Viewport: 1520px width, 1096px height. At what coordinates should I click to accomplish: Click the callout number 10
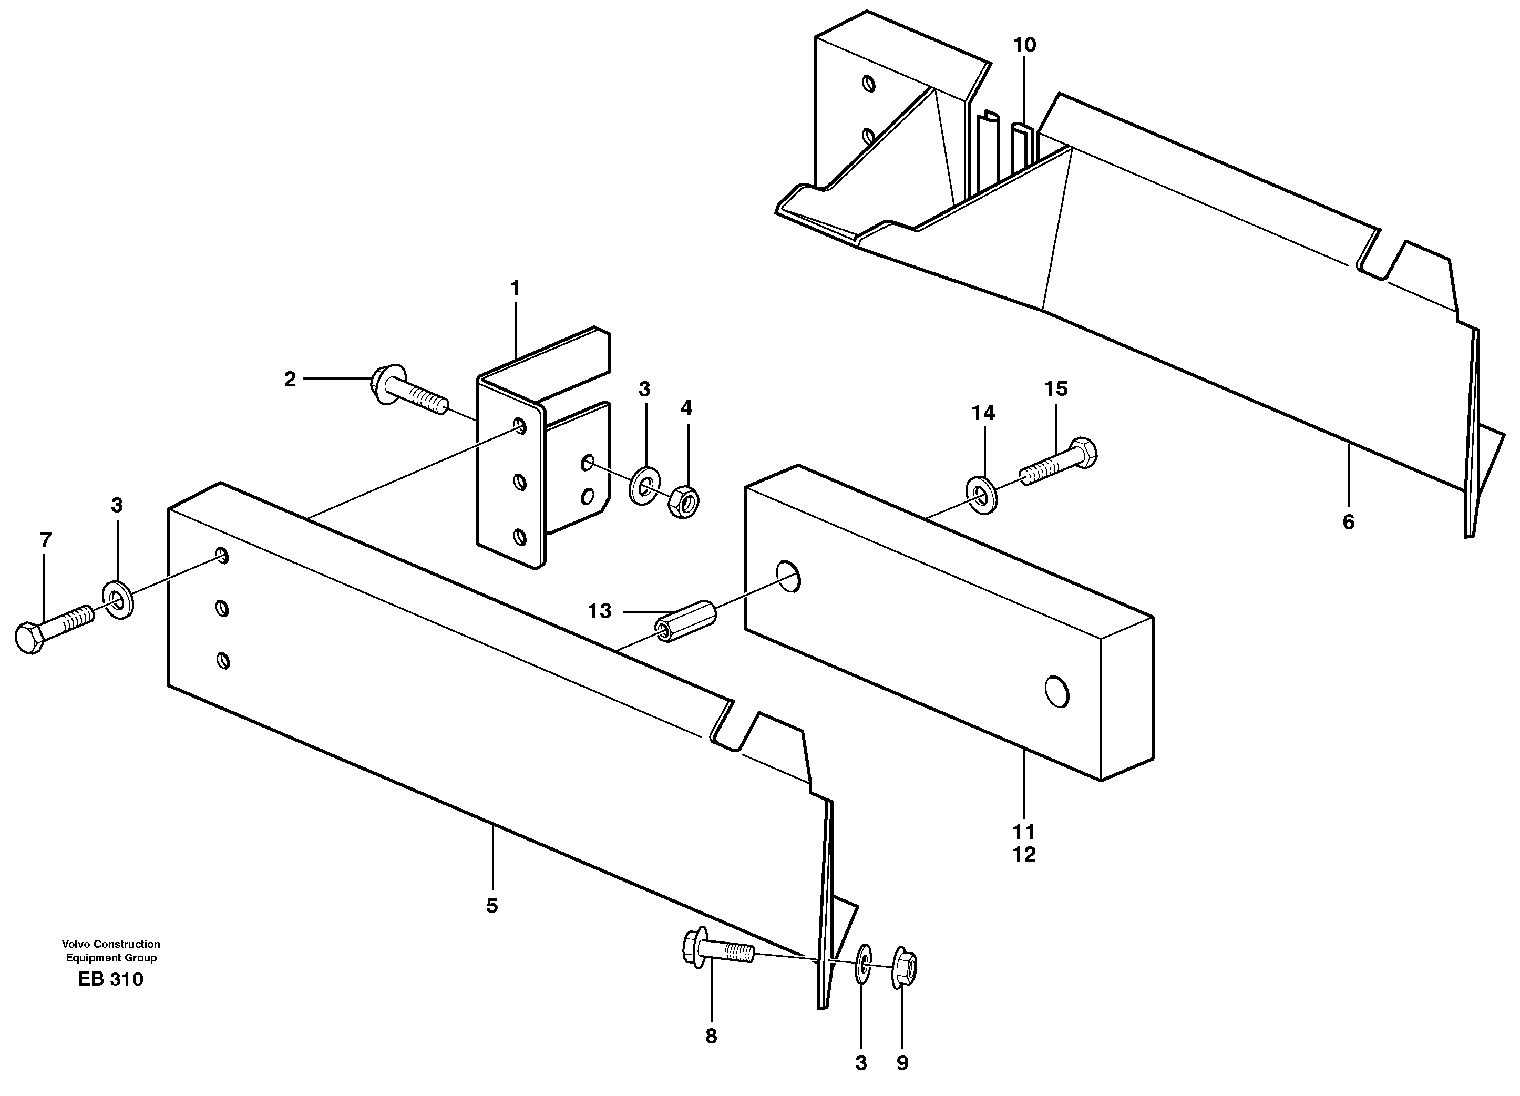pyautogui.click(x=1024, y=46)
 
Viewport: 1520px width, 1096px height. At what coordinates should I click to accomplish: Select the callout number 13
pyautogui.click(x=599, y=611)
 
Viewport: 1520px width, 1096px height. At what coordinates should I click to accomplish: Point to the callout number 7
pyautogui.click(x=46, y=540)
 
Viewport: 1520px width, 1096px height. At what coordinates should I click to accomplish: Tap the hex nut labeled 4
pyautogui.click(x=684, y=502)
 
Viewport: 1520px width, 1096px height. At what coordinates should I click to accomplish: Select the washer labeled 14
pyautogui.click(x=982, y=497)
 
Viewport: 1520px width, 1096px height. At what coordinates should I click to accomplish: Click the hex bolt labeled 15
pyautogui.click(x=1059, y=463)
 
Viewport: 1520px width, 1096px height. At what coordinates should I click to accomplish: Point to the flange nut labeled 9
pyautogui.click(x=903, y=968)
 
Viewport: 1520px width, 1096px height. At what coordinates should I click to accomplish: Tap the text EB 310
pyautogui.click(x=110, y=979)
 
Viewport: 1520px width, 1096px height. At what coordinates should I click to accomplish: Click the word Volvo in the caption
pyautogui.click(x=76, y=944)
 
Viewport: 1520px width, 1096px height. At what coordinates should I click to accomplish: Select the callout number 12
pyautogui.click(x=1024, y=855)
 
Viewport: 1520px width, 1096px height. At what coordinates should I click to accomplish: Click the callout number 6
pyautogui.click(x=1349, y=521)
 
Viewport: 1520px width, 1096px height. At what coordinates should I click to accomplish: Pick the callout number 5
pyautogui.click(x=492, y=906)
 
